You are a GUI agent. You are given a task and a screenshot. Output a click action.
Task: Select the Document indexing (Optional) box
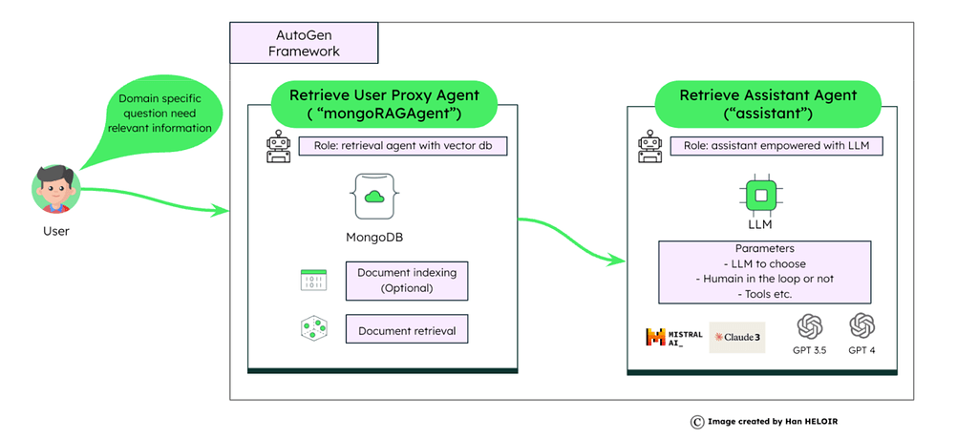[x=407, y=280]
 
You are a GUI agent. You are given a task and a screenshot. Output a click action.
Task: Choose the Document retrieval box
[x=407, y=331]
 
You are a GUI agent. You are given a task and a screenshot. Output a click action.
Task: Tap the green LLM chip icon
[x=760, y=196]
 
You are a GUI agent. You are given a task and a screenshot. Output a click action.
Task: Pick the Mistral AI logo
[x=673, y=337]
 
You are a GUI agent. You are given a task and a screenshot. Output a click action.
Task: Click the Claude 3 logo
[x=737, y=337]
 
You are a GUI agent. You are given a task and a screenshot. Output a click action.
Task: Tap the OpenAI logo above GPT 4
[x=862, y=328]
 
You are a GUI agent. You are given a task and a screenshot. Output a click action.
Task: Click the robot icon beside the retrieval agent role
[x=279, y=149]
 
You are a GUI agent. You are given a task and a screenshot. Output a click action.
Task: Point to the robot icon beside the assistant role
[x=650, y=149]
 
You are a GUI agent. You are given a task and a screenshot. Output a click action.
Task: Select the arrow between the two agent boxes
[x=573, y=239]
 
